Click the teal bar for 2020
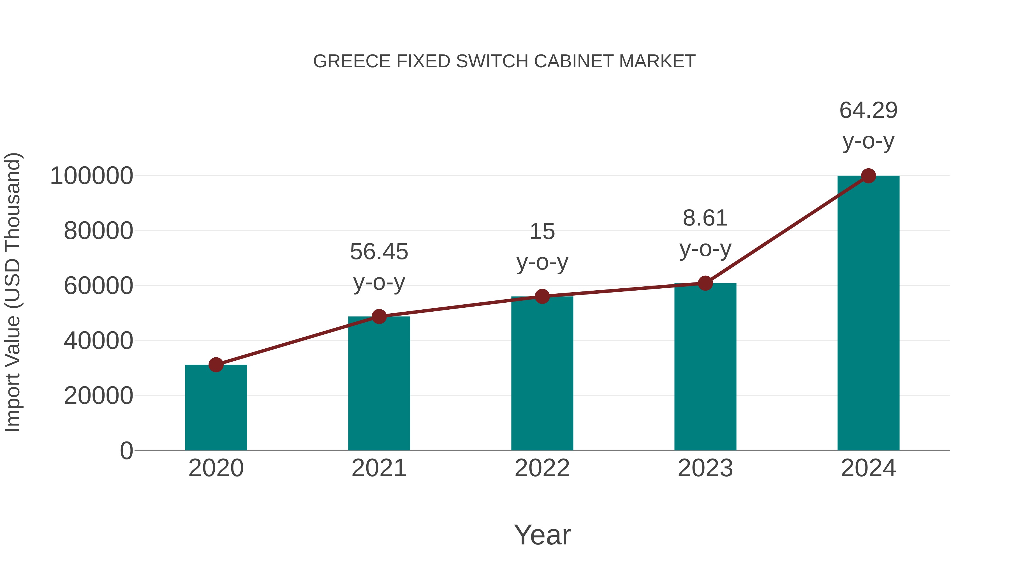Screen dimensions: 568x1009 click(216, 408)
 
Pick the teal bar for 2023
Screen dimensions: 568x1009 click(705, 367)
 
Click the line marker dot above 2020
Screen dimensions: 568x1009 click(216, 365)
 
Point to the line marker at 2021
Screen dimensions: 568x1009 click(379, 316)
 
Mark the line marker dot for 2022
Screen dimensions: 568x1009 click(542, 296)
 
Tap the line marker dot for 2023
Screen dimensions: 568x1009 click(705, 283)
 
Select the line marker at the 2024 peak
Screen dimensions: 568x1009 click(868, 176)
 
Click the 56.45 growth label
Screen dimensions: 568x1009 click(379, 252)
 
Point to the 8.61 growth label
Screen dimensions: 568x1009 click(705, 218)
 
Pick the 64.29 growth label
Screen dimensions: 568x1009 click(868, 110)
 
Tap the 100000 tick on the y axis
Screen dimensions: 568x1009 click(92, 176)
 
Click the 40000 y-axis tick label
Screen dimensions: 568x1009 click(98, 341)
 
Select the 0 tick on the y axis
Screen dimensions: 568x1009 click(126, 451)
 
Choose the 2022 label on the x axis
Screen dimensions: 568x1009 click(542, 468)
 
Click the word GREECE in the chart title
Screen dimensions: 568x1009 click(352, 61)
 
